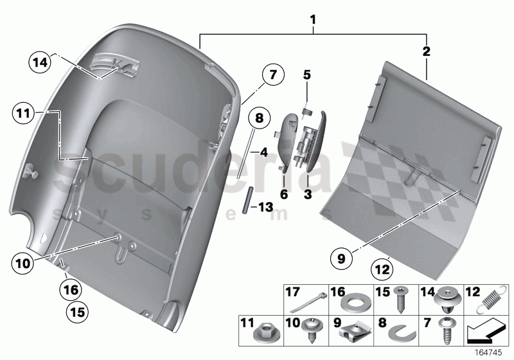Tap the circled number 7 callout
coord(272,75)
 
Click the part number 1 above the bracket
coord(313,20)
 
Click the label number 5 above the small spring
coord(306,75)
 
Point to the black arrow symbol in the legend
coord(486,332)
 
